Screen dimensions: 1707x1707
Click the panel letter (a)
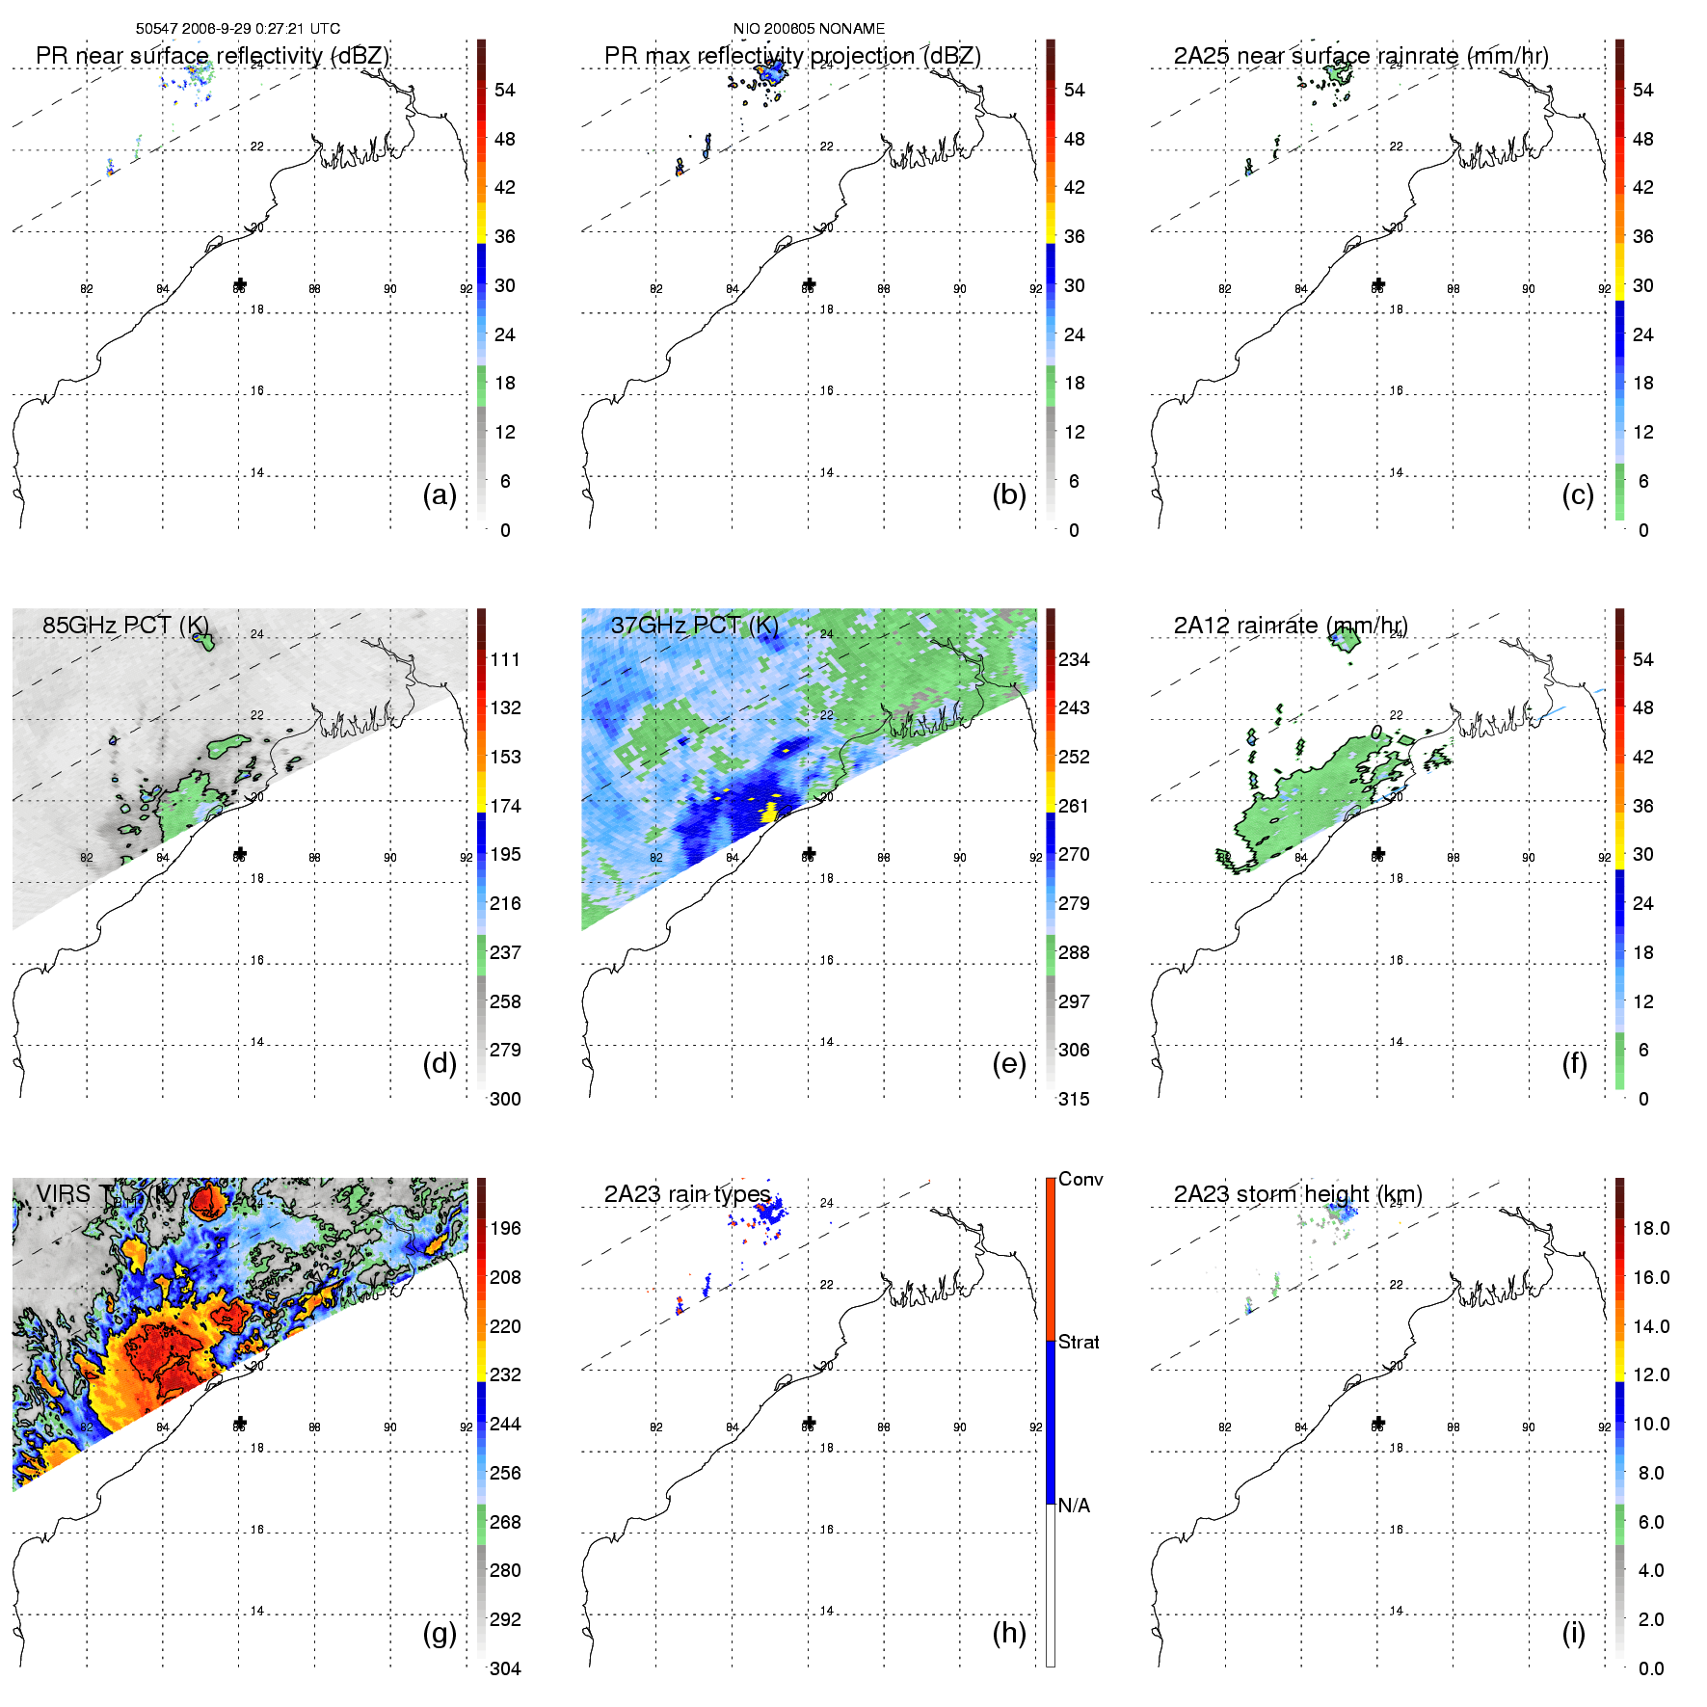440,494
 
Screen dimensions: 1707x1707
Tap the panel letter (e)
1008,1063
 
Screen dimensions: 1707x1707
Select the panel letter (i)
1573,1633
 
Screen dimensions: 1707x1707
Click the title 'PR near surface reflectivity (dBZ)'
212,56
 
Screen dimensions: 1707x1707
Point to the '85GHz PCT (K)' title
125,625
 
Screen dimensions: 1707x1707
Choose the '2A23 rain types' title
687,1194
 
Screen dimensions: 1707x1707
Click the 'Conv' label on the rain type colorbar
1080,1179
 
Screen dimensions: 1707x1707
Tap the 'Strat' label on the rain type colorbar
1079,1342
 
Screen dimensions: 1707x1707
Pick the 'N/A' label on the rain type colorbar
1074,1506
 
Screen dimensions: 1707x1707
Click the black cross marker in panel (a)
240,284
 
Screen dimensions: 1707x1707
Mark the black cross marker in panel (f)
1378,854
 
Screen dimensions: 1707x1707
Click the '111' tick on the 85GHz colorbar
505,659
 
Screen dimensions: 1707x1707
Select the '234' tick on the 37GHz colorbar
1074,659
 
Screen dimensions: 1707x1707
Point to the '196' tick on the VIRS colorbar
505,1228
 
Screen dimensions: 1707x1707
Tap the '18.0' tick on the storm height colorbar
1651,1228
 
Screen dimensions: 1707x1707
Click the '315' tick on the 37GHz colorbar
1074,1099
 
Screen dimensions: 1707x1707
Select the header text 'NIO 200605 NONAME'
809,29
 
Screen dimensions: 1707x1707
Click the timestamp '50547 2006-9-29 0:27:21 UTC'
238,29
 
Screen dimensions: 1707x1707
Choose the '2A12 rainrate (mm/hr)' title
1291,626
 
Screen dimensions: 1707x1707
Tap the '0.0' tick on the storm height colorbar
1650,1668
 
